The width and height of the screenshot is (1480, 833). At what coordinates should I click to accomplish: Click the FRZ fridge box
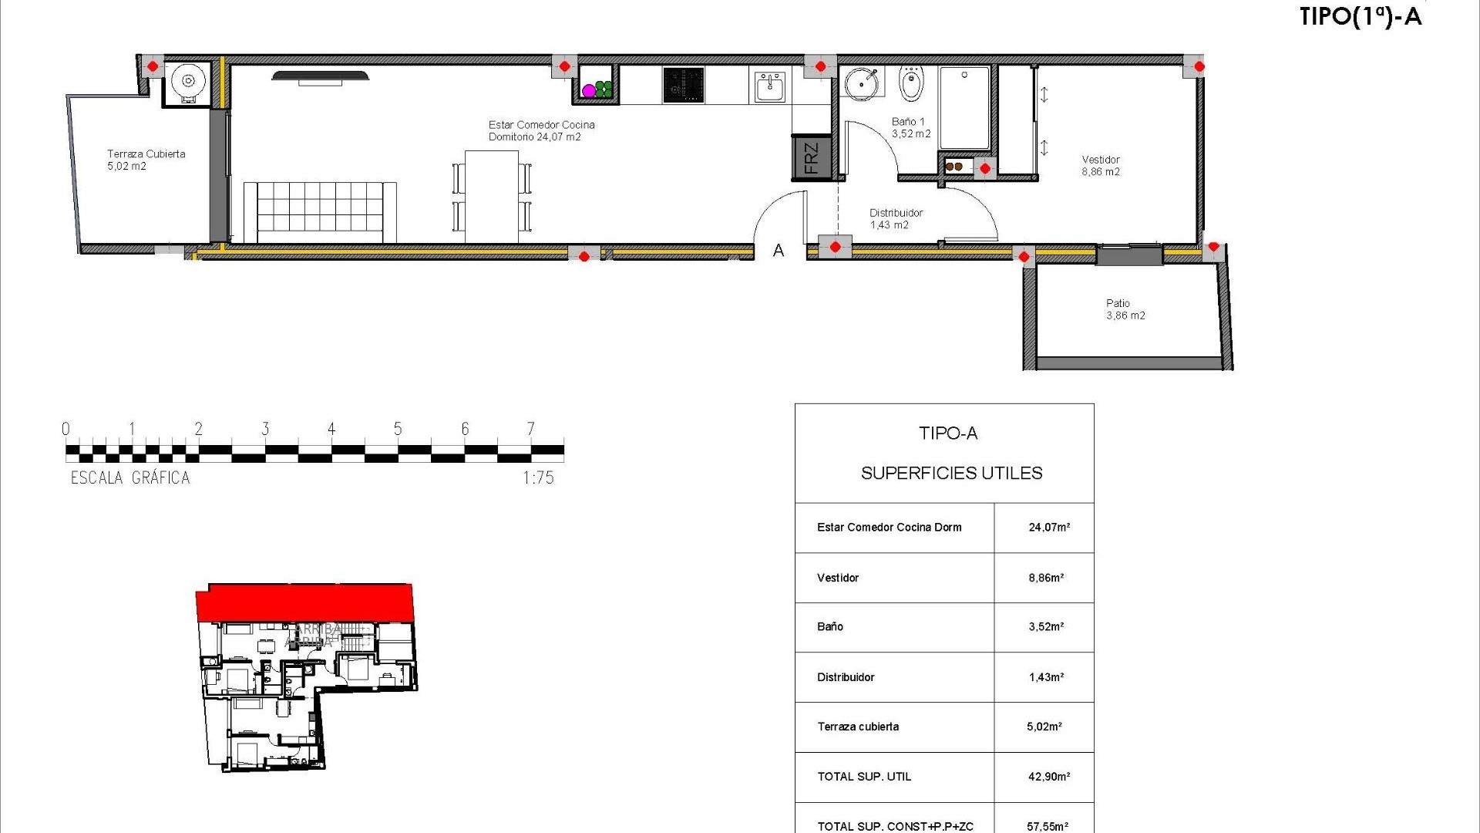coord(811,158)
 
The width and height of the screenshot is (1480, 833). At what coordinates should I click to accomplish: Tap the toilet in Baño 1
coord(911,85)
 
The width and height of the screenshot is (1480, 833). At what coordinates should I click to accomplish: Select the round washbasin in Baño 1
coord(861,83)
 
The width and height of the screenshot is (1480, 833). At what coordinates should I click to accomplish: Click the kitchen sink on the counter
coord(769,86)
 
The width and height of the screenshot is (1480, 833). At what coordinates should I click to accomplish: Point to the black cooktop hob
coord(683,85)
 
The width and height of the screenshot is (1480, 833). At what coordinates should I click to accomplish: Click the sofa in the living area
coord(320,212)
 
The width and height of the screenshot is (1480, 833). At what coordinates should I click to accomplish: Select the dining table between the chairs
coord(492,197)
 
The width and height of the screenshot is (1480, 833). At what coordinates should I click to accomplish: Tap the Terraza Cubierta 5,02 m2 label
coord(146,160)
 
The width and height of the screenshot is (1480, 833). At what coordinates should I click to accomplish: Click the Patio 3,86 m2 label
coord(1125,309)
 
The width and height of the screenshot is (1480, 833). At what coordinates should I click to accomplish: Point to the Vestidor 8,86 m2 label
coord(1100,166)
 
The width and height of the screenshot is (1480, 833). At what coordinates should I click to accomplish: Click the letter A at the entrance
coord(779,251)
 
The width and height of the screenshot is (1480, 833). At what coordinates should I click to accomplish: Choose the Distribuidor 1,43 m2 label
coord(895,219)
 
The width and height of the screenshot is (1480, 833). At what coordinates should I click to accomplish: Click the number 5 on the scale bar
coord(398,429)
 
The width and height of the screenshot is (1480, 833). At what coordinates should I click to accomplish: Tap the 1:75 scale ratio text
coord(538,478)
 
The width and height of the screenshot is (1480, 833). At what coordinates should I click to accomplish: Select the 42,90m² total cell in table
coord(1048,777)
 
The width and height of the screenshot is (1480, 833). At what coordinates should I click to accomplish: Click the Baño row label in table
coord(830,627)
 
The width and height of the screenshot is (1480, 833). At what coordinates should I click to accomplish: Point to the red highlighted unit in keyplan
coord(304,602)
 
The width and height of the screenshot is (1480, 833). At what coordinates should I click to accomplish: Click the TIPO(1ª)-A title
coord(1360,17)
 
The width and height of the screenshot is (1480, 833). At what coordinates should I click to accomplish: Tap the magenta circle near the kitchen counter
coord(589,91)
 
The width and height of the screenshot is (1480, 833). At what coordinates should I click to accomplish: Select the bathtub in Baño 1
coord(964,108)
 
